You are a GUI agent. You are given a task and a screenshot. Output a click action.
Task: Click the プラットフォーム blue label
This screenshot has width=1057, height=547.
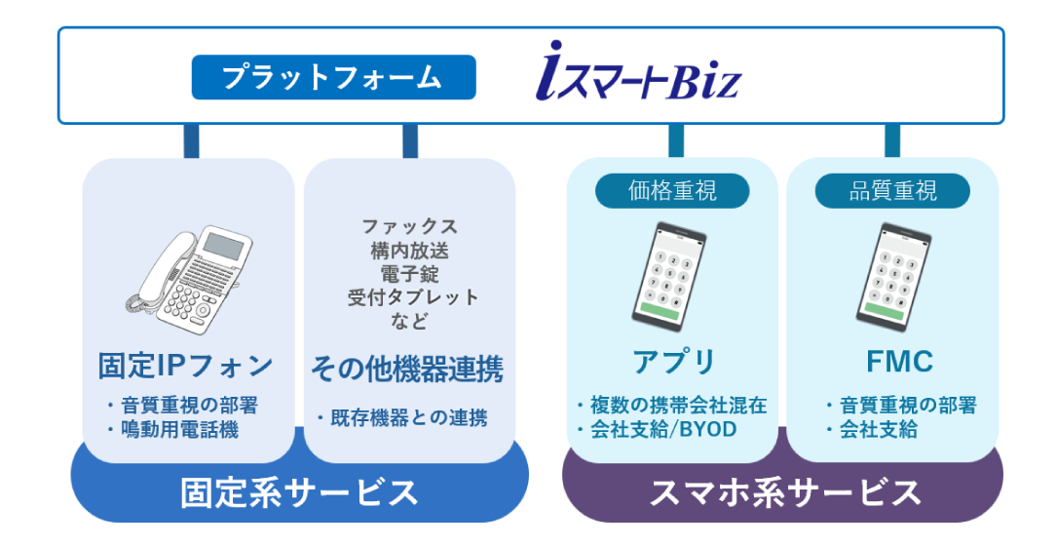coord(333,78)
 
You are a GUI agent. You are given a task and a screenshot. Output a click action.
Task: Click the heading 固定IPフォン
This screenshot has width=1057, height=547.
coord(186,367)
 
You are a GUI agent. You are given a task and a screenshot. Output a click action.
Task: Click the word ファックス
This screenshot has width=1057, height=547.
coord(409,226)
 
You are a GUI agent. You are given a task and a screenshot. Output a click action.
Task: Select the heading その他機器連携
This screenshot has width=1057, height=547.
coord(407,369)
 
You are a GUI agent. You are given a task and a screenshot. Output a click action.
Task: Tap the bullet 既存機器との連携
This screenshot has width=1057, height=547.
coord(403,419)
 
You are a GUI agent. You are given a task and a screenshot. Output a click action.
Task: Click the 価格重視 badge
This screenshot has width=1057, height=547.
coord(672,190)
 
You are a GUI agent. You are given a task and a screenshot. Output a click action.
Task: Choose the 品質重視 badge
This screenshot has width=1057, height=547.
coord(891,190)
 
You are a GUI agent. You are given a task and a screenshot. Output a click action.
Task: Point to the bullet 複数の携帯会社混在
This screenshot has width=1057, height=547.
coord(671,406)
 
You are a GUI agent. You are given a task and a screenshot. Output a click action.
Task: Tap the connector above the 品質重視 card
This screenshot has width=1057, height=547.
coord(891,140)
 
